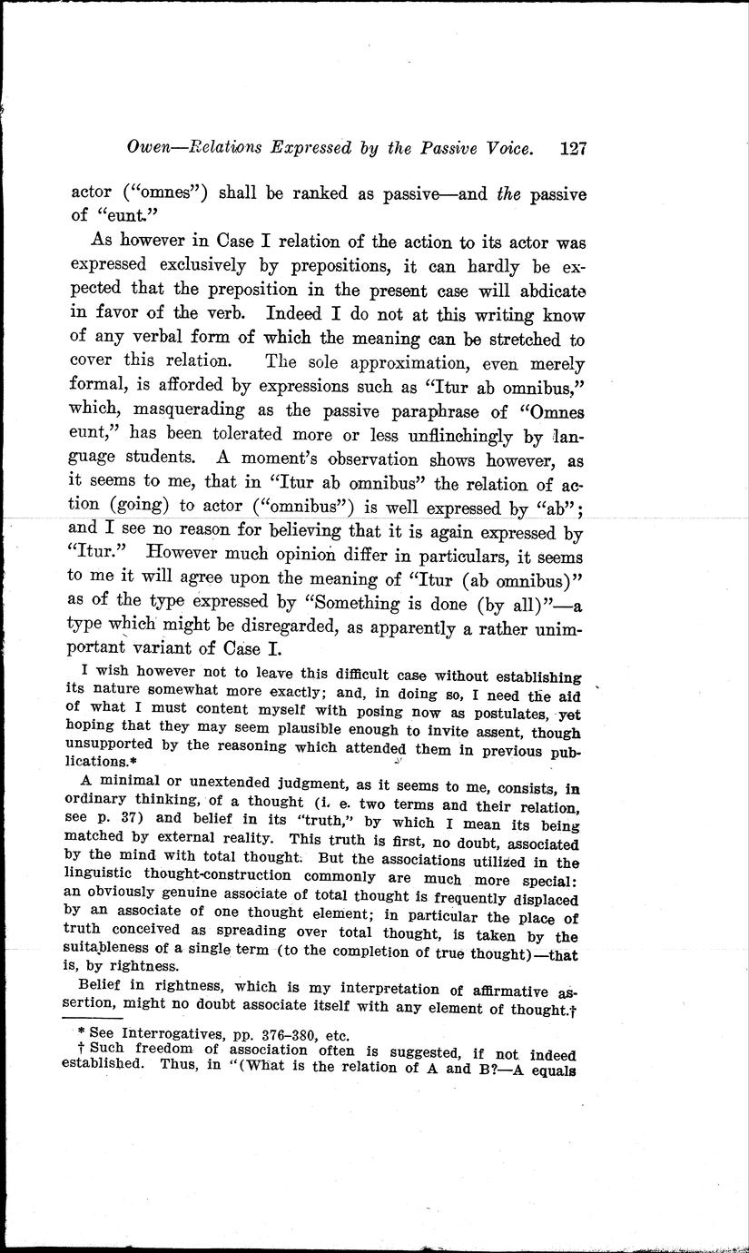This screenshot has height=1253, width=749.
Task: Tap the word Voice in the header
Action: pyautogui.click(x=501, y=148)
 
